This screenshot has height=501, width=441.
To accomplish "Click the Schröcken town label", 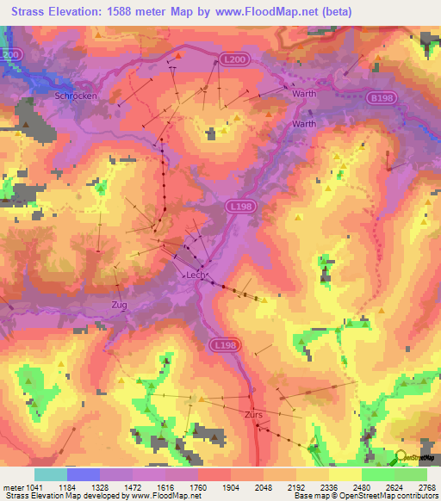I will coord(75,96).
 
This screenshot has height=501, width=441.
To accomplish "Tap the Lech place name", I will coord(195,276).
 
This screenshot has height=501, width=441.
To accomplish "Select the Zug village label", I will coord(119,305).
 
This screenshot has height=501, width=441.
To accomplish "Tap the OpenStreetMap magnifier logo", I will coord(401,456).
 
